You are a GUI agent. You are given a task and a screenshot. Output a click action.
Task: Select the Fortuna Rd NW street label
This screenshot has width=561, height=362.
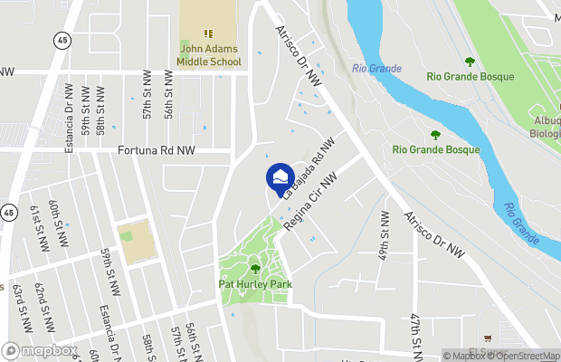[x=157, y=151]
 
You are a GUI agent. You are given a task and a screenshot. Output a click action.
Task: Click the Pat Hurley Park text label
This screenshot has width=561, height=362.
[x=254, y=282]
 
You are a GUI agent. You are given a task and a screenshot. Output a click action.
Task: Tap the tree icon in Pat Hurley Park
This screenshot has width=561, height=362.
[x=254, y=268]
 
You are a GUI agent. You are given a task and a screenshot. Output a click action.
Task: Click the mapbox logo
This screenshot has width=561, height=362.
[x=40, y=350]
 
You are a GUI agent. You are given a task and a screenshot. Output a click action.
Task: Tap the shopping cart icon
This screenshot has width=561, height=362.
[x=490, y=337]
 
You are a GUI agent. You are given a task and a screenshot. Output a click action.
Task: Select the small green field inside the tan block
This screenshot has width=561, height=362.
[x=127, y=236]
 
